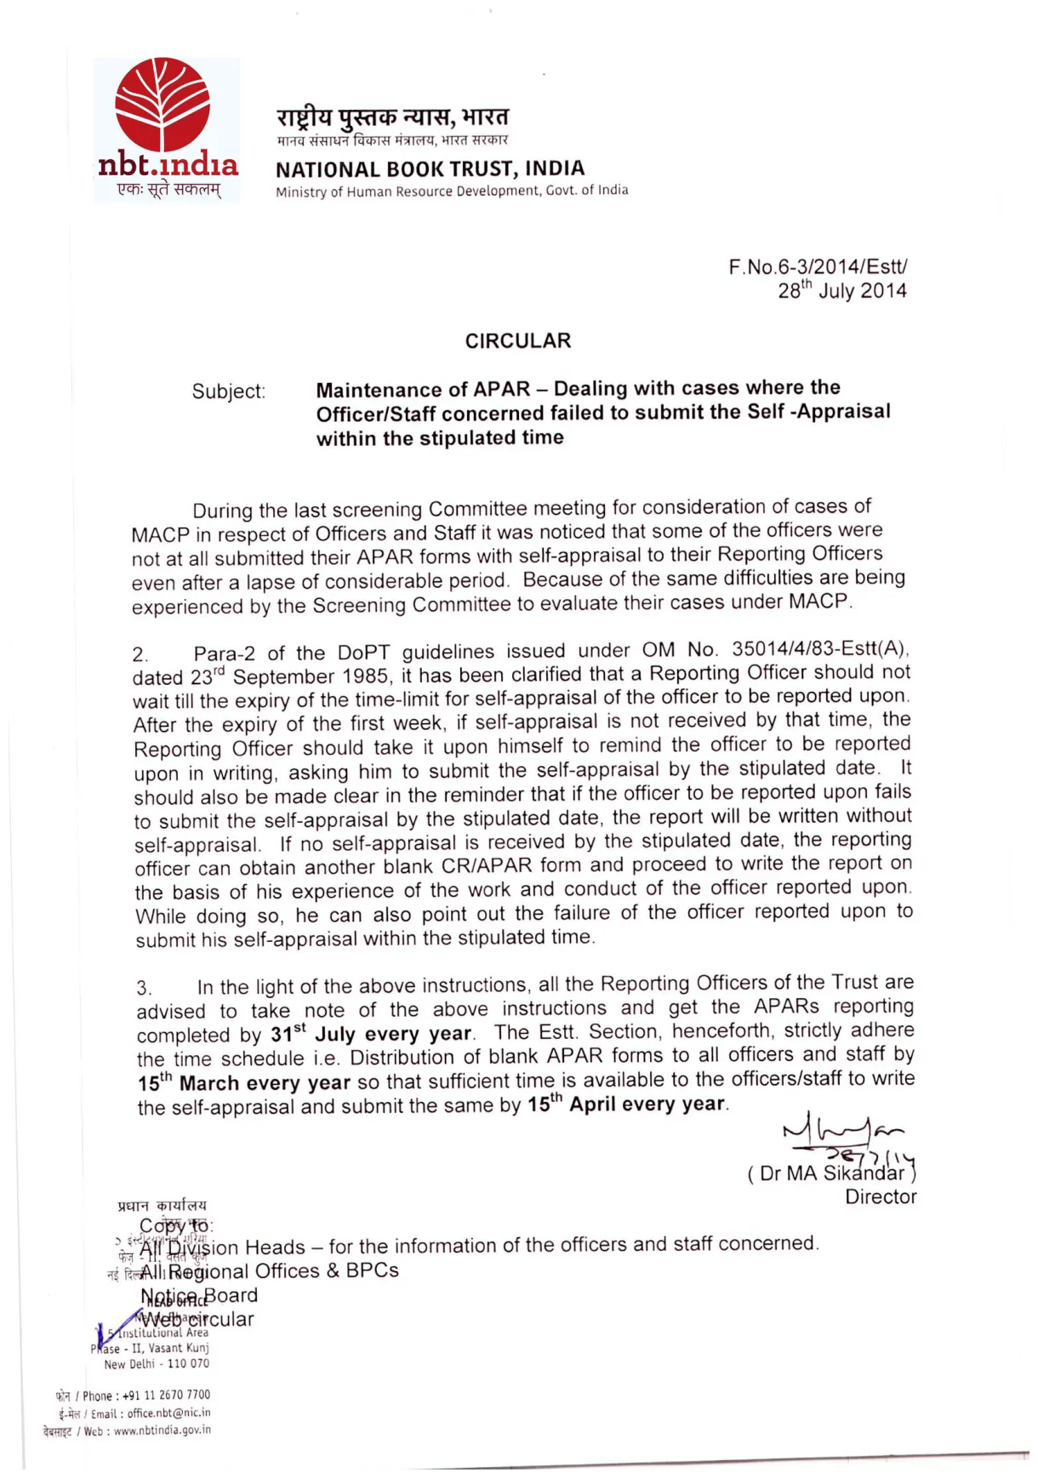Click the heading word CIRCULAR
(517, 341)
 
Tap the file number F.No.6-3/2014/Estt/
(818, 267)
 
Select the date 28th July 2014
(841, 291)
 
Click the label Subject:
(228, 391)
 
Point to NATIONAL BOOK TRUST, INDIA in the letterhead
(430, 169)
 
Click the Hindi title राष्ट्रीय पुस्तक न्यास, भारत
(392, 117)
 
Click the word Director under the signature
(881, 1197)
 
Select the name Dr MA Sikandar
(831, 1174)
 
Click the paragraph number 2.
(140, 655)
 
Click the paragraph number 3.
(145, 989)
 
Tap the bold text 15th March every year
(244, 1083)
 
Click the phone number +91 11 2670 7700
(166, 1395)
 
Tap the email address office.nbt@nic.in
(168, 1413)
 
